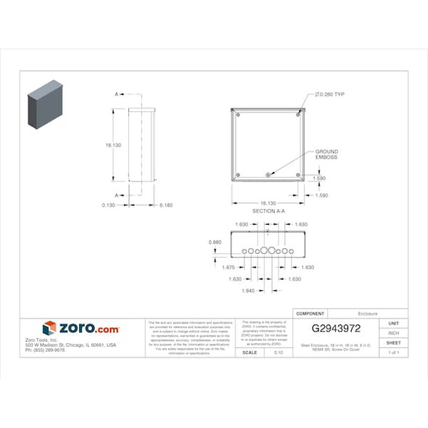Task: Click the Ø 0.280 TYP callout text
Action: (329, 95)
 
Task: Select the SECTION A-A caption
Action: (268, 210)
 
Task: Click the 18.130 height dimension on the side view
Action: (113, 145)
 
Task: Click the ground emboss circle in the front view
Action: (268, 174)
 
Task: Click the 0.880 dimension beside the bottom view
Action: (215, 242)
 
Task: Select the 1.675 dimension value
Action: (229, 268)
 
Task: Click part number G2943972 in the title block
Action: (331, 328)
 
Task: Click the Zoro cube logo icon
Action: (49, 328)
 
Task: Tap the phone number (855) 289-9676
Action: (45, 350)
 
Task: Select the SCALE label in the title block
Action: (249, 353)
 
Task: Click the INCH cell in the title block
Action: (393, 333)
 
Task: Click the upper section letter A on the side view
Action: (116, 95)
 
